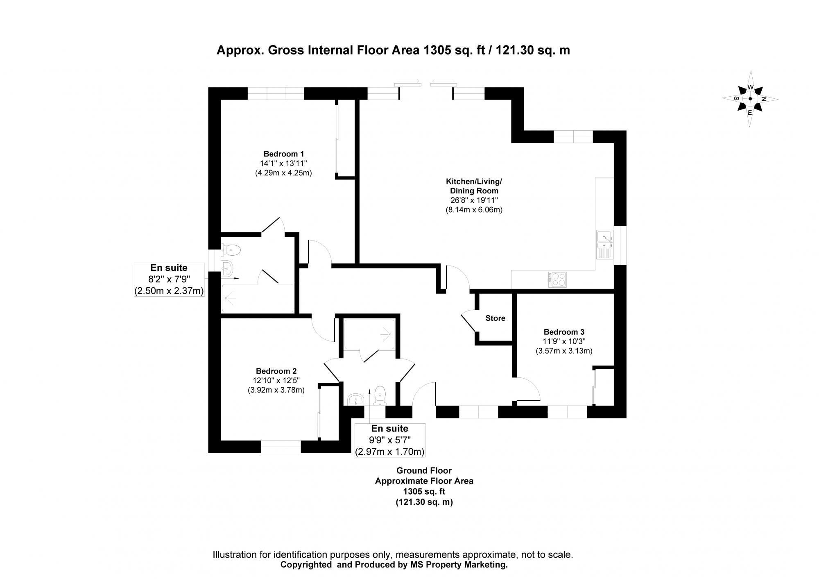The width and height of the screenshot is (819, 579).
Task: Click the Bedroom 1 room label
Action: tap(283, 154)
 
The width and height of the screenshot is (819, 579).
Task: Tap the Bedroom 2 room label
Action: tap(276, 371)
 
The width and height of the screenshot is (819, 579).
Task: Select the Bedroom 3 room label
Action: tap(564, 332)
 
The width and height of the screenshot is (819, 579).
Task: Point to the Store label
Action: tap(495, 318)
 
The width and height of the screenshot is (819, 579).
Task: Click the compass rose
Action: tap(750, 99)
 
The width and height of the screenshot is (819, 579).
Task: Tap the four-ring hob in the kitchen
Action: tap(557, 279)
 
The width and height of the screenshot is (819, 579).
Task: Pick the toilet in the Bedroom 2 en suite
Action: tap(380, 394)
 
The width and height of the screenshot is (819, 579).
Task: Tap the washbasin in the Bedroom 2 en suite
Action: tap(355, 399)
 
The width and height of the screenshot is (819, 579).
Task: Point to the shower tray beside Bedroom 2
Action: tap(370, 334)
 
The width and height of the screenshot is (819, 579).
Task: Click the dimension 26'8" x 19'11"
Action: tap(474, 200)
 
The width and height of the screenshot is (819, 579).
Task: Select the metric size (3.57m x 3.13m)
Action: tap(564, 351)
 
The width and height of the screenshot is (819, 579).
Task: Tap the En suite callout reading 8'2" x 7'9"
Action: tap(169, 279)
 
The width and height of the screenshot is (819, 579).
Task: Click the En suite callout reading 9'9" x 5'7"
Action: tap(389, 440)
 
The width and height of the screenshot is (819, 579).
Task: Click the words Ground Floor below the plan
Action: tap(424, 471)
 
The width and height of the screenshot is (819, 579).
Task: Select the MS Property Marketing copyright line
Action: tap(394, 565)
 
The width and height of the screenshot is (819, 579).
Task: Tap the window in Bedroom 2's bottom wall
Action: tap(281, 447)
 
